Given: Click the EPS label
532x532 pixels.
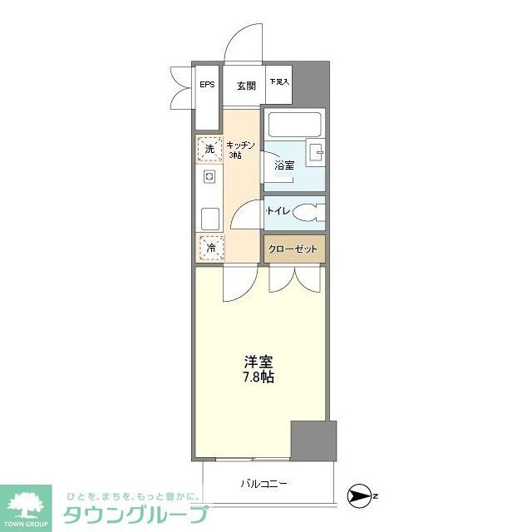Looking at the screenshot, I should click(206, 85).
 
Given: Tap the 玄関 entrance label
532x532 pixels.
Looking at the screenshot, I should click(244, 85).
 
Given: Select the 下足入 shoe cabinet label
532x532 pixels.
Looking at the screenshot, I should click(278, 82).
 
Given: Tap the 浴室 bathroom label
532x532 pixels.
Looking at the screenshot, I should click(284, 165).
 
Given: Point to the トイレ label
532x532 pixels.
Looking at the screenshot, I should click(278, 211).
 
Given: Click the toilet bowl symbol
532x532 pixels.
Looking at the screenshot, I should click(309, 212).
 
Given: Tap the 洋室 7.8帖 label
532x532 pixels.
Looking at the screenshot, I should click(259, 369).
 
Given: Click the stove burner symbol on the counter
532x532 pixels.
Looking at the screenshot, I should click(209, 176).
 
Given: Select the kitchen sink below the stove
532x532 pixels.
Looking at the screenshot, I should click(209, 219).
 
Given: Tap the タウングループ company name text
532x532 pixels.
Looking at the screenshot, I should click(135, 514).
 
